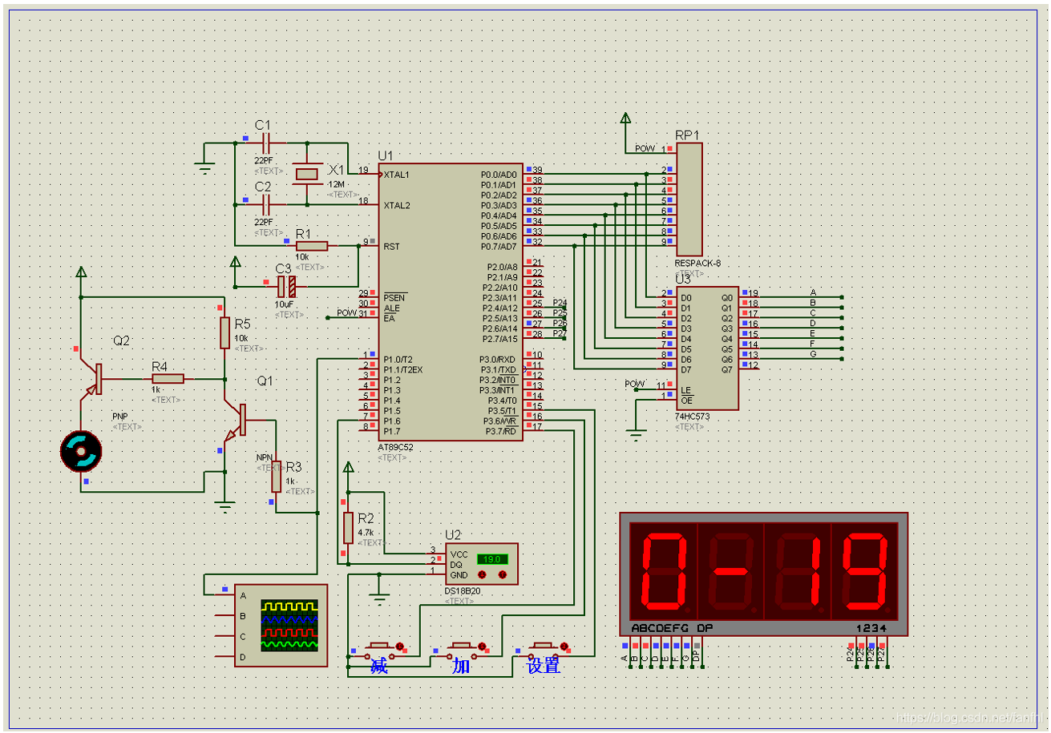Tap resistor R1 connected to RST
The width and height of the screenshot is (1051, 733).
(x=312, y=245)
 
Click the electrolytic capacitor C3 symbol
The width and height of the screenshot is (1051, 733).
(x=286, y=284)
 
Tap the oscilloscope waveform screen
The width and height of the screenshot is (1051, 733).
(x=289, y=624)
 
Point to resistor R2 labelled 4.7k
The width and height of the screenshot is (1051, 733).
(x=348, y=527)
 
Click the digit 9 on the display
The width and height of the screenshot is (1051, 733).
(x=863, y=570)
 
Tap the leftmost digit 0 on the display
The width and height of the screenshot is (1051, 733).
(x=663, y=570)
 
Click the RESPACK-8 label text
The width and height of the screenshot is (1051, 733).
(x=697, y=263)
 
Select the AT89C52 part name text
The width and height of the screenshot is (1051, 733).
(x=396, y=447)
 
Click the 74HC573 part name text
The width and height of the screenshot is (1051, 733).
(x=692, y=417)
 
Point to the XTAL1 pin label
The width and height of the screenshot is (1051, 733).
(x=397, y=175)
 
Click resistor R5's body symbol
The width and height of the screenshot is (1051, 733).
(x=225, y=332)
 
